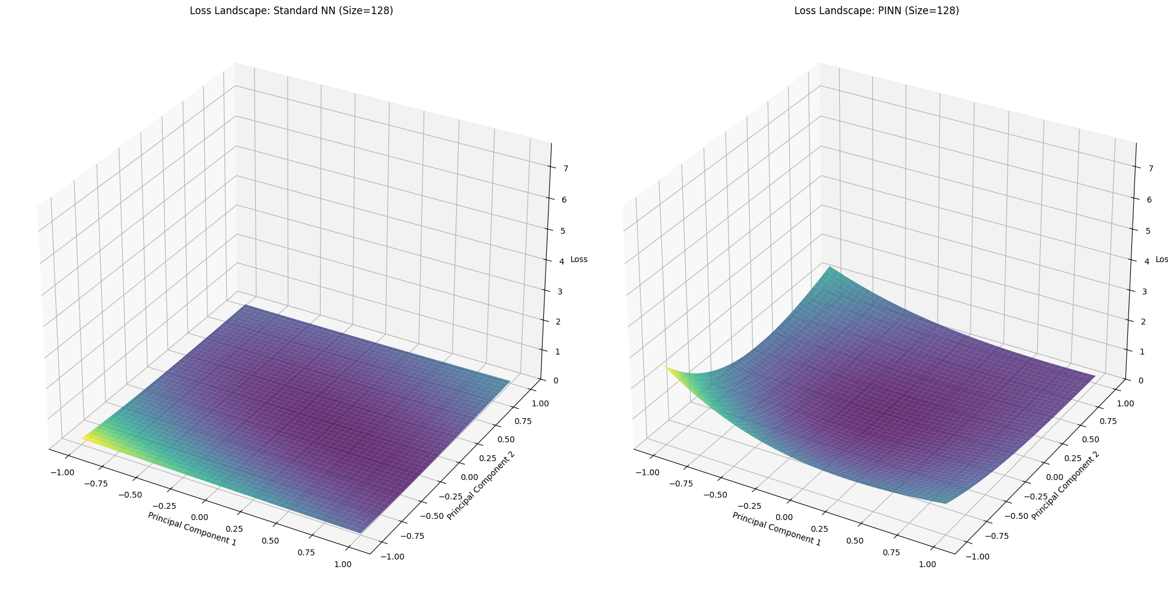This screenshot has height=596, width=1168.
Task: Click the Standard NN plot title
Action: pos(291,11)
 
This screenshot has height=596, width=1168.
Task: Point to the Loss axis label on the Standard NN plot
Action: pos(579,260)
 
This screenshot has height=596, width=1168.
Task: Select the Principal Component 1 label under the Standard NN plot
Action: pos(192,529)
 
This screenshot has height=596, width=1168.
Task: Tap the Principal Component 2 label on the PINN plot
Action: pos(1065,485)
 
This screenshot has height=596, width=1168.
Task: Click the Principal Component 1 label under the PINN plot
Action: pos(776,529)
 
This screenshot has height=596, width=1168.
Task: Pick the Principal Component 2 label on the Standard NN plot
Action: pos(480,485)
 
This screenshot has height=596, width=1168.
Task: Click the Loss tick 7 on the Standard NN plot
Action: pos(565,169)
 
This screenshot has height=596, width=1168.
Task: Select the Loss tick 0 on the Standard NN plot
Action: pos(556,380)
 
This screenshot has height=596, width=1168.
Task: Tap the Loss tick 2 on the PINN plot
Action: pos(1143,322)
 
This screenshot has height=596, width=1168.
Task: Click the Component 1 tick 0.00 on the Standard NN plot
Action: pos(200,517)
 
